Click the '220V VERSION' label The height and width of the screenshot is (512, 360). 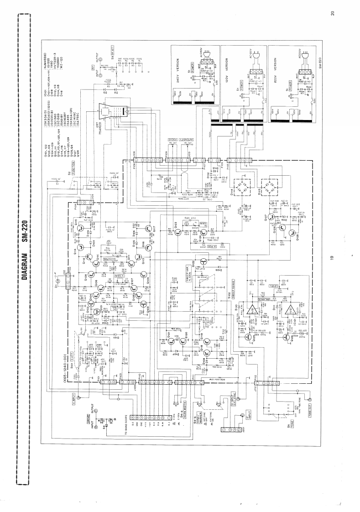coord(277,71)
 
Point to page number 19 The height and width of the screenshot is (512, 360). coord(334,258)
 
